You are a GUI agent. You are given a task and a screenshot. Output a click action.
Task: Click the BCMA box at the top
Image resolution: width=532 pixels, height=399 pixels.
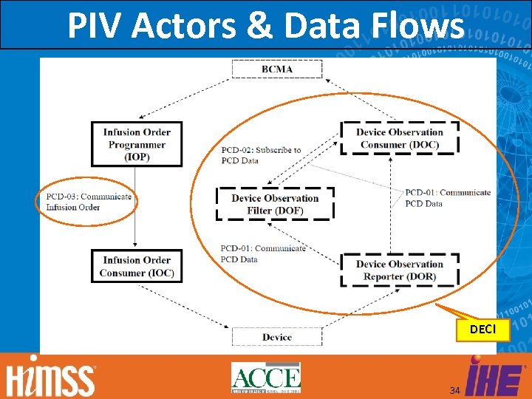(277, 69)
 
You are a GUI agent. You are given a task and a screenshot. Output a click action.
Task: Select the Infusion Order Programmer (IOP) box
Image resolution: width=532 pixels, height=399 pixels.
(137, 144)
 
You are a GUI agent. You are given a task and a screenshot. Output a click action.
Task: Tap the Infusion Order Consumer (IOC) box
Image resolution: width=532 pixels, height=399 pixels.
(137, 267)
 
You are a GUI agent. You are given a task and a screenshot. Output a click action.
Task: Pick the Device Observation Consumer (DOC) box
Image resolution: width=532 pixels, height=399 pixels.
(400, 138)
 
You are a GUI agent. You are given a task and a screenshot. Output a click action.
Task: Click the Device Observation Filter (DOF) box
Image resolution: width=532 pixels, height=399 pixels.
(275, 204)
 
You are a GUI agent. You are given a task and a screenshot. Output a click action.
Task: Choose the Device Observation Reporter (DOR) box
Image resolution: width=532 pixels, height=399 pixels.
(400, 270)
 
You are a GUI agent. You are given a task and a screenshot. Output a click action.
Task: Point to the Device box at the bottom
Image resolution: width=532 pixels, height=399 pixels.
(277, 337)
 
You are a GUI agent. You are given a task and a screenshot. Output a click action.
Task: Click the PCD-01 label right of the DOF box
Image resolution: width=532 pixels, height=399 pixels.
(448, 198)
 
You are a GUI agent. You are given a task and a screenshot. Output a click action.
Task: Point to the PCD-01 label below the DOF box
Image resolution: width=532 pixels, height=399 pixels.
(262, 253)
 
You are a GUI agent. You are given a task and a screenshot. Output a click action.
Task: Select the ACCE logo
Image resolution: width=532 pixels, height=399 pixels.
(266, 377)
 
